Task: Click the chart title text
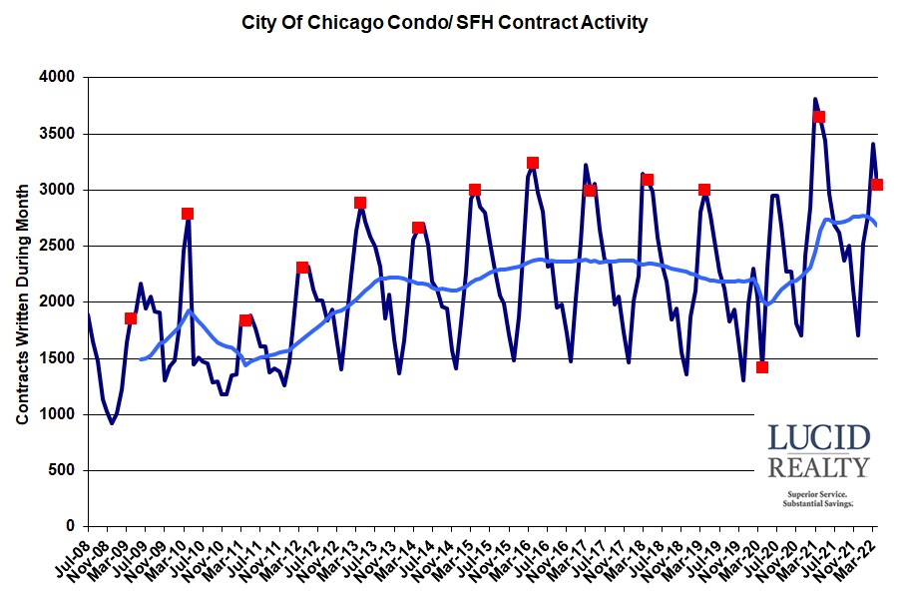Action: tap(445, 22)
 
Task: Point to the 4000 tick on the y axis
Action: tap(58, 78)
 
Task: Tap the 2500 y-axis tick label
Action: tap(58, 246)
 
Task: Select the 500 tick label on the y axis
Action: tap(62, 470)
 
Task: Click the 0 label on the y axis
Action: tap(71, 526)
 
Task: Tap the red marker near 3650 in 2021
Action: tap(819, 117)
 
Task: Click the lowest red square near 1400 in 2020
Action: tap(762, 367)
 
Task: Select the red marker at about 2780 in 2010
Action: tap(188, 214)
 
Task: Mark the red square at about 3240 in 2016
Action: tap(533, 163)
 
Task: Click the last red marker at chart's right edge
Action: tap(877, 185)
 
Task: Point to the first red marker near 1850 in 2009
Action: tap(131, 318)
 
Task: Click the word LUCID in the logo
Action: tap(818, 438)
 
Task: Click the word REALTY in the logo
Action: tap(818, 467)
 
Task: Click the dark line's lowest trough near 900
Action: tap(112, 423)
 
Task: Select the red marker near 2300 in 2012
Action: tap(302, 268)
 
